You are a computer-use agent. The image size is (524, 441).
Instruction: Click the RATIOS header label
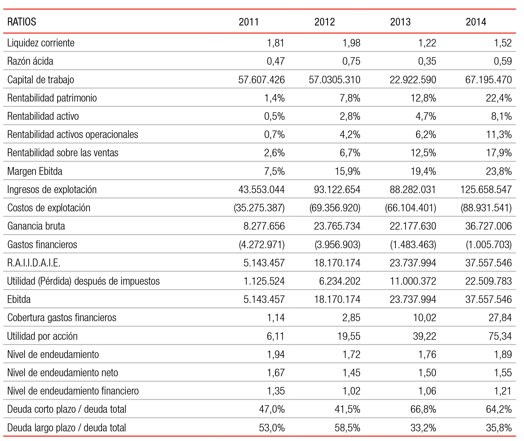click(22, 22)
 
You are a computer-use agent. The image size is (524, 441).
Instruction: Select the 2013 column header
click(400, 22)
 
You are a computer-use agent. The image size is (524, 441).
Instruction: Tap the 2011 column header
click(249, 22)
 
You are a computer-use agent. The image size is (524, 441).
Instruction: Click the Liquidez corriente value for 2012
click(351, 43)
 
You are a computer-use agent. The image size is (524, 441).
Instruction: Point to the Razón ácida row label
click(30, 61)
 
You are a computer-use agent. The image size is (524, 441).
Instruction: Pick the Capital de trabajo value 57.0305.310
click(335, 80)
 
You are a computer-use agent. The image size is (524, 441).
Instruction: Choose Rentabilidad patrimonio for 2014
click(499, 98)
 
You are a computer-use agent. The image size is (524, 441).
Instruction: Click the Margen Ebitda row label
click(35, 171)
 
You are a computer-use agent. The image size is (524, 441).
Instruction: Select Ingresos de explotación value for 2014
click(486, 189)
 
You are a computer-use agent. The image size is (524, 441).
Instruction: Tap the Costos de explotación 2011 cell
click(259, 208)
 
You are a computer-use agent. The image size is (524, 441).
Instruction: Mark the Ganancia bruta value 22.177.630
click(413, 226)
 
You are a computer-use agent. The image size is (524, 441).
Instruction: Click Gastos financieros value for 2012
click(338, 244)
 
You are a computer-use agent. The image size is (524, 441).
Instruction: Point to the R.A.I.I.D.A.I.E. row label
click(34, 263)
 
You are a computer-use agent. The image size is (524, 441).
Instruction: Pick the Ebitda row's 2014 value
click(489, 299)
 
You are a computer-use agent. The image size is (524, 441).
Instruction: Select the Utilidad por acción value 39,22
click(424, 336)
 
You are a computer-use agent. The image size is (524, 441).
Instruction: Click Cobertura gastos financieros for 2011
click(276, 317)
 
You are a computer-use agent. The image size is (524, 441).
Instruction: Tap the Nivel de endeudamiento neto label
click(62, 372)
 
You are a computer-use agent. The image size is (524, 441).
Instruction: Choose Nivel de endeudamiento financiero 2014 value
click(503, 391)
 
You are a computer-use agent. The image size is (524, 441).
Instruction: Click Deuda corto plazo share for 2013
click(423, 409)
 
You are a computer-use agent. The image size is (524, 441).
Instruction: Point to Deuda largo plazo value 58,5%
click(348, 428)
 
